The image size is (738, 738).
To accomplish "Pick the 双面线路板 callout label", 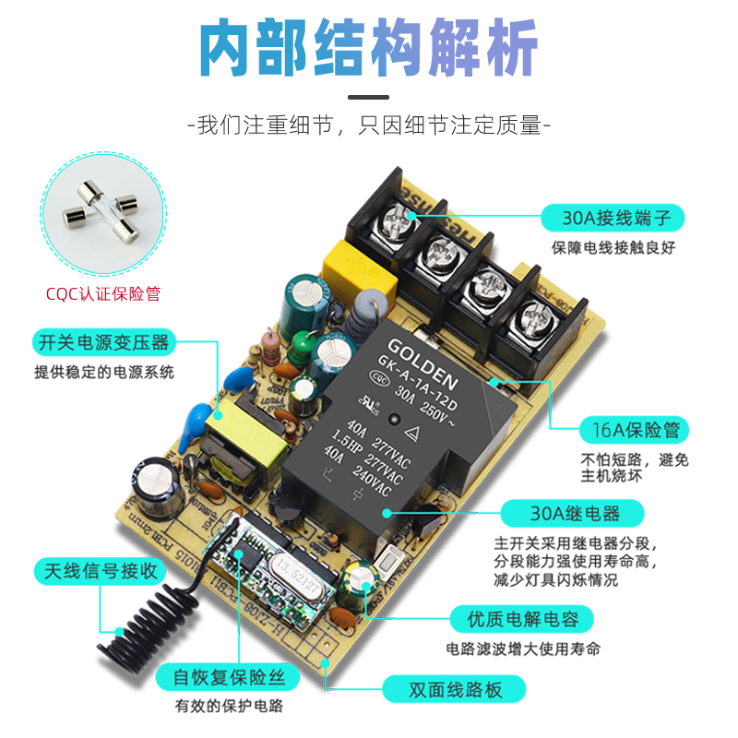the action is (454, 688).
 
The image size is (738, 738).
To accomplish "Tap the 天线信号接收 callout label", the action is (99, 570).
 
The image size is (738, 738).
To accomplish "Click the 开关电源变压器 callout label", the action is (102, 343).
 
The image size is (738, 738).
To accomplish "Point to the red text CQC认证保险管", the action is (103, 294).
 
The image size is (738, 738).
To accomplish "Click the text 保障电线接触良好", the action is (614, 247).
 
